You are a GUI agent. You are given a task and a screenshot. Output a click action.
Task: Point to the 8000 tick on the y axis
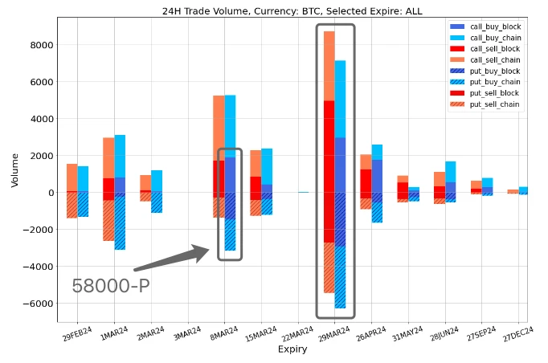[x=40, y=45]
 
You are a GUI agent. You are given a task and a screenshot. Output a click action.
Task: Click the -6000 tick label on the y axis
[x=37, y=304]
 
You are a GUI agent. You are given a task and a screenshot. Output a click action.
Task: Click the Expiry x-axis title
[x=292, y=349]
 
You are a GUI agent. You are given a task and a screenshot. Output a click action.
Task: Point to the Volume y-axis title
[x=15, y=170]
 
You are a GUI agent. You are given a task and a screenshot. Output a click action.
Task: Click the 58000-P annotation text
[x=110, y=287]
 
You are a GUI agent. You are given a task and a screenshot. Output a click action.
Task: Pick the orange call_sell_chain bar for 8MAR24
[x=219, y=128]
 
